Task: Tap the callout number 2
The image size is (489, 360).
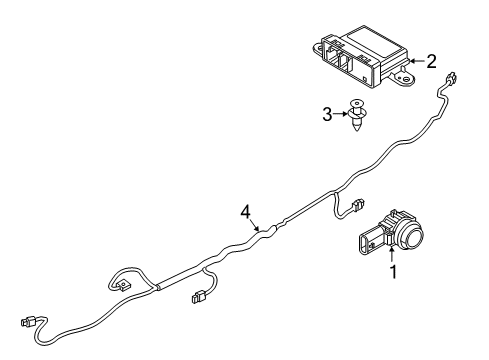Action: pos(431,61)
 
